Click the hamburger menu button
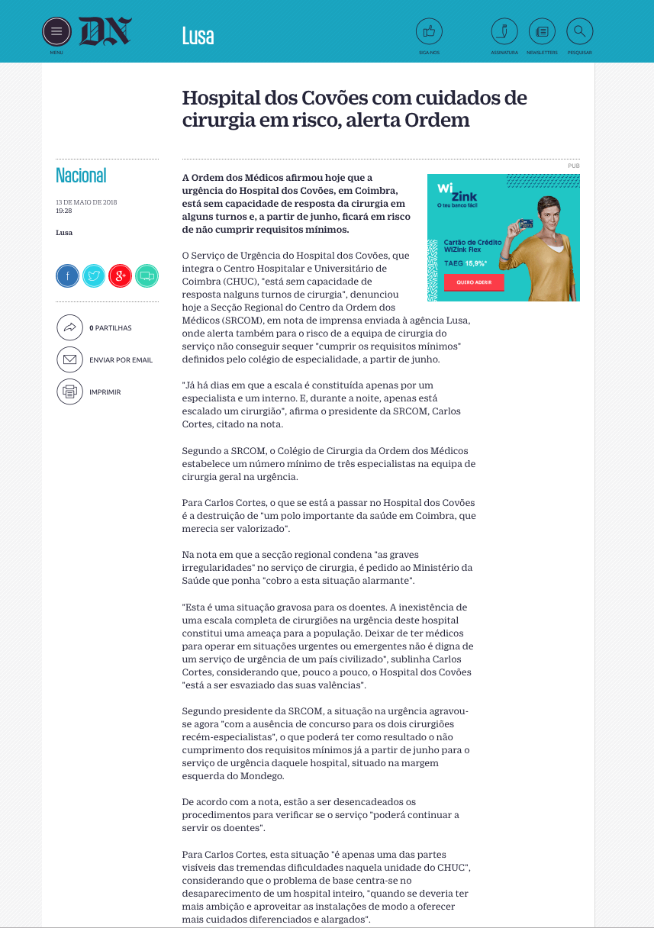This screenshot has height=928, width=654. (x=56, y=32)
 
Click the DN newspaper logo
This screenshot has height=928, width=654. (x=105, y=32)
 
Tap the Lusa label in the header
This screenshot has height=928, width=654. (x=198, y=36)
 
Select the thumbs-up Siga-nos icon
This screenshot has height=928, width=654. (x=429, y=32)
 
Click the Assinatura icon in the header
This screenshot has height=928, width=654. (x=504, y=32)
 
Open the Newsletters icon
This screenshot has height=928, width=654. (x=542, y=32)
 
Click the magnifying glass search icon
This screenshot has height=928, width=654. (x=580, y=32)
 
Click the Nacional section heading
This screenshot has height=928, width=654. (x=81, y=176)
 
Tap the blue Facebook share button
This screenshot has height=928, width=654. (x=67, y=275)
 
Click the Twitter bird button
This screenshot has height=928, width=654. (x=94, y=275)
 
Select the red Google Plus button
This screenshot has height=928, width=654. (x=121, y=275)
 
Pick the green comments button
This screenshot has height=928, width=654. (x=147, y=275)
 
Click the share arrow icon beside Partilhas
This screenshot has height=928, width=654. (x=69, y=327)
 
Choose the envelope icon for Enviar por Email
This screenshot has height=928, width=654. (x=69, y=359)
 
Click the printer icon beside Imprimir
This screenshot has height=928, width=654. (x=69, y=391)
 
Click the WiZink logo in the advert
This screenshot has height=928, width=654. (x=447, y=193)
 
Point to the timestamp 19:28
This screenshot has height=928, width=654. (x=63, y=211)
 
